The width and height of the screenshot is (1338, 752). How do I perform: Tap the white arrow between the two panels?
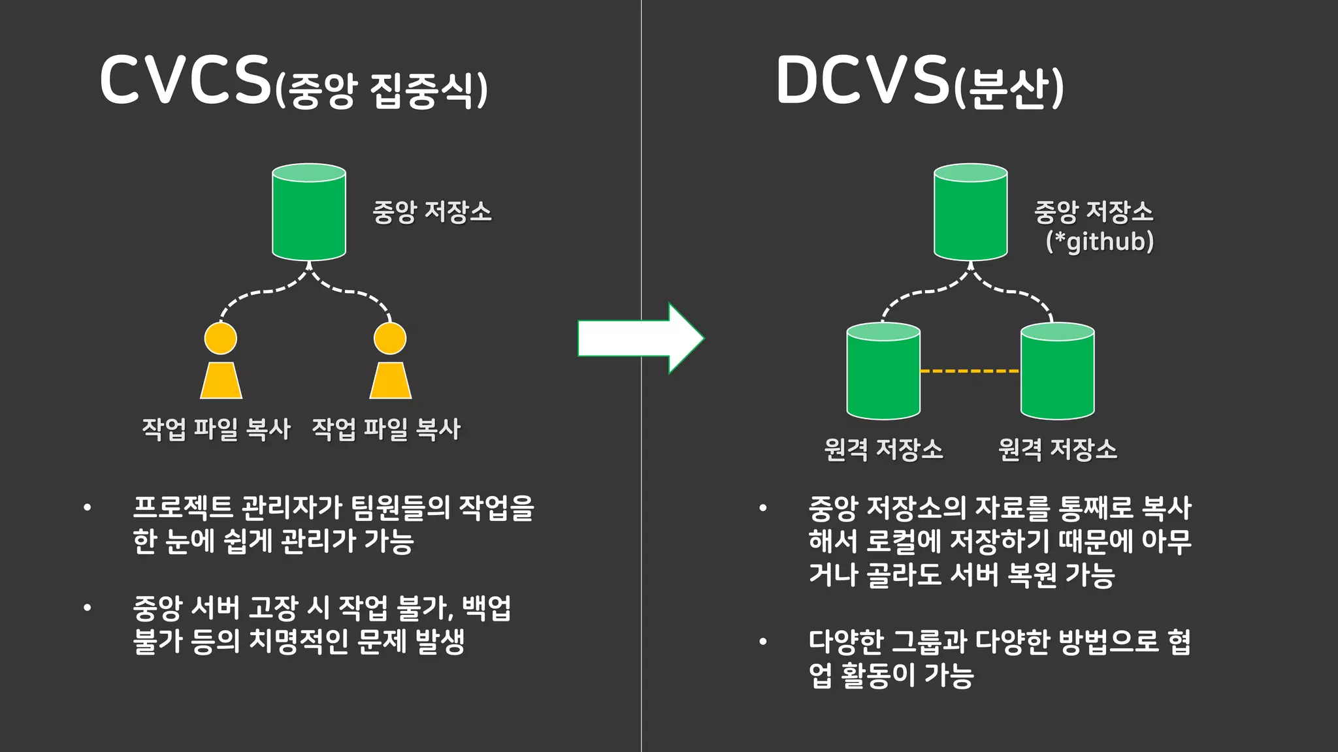(640, 338)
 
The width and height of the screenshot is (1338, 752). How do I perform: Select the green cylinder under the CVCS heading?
(309, 213)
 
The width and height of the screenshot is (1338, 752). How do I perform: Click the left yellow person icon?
(221, 361)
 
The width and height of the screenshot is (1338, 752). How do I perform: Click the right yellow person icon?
(390, 361)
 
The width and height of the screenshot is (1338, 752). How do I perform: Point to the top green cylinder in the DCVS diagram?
(970, 213)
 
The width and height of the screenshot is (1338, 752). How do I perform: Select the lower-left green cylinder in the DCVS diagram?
(883, 371)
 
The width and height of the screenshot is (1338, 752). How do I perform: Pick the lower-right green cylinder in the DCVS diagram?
(1057, 371)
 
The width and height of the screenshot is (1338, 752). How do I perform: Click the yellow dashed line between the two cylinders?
(970, 371)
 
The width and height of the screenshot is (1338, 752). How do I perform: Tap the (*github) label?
(1100, 242)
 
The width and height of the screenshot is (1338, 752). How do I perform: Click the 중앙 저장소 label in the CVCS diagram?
(432, 212)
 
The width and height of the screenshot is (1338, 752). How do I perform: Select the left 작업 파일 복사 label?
(216, 429)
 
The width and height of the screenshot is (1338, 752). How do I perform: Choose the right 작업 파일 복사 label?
(386, 429)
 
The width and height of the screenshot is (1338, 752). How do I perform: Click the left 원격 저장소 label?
(883, 449)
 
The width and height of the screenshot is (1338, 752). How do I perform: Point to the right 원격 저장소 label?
(1057, 449)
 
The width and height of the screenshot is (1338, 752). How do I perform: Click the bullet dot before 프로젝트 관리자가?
(88, 508)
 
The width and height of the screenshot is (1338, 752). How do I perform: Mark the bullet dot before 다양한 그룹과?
(762, 642)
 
